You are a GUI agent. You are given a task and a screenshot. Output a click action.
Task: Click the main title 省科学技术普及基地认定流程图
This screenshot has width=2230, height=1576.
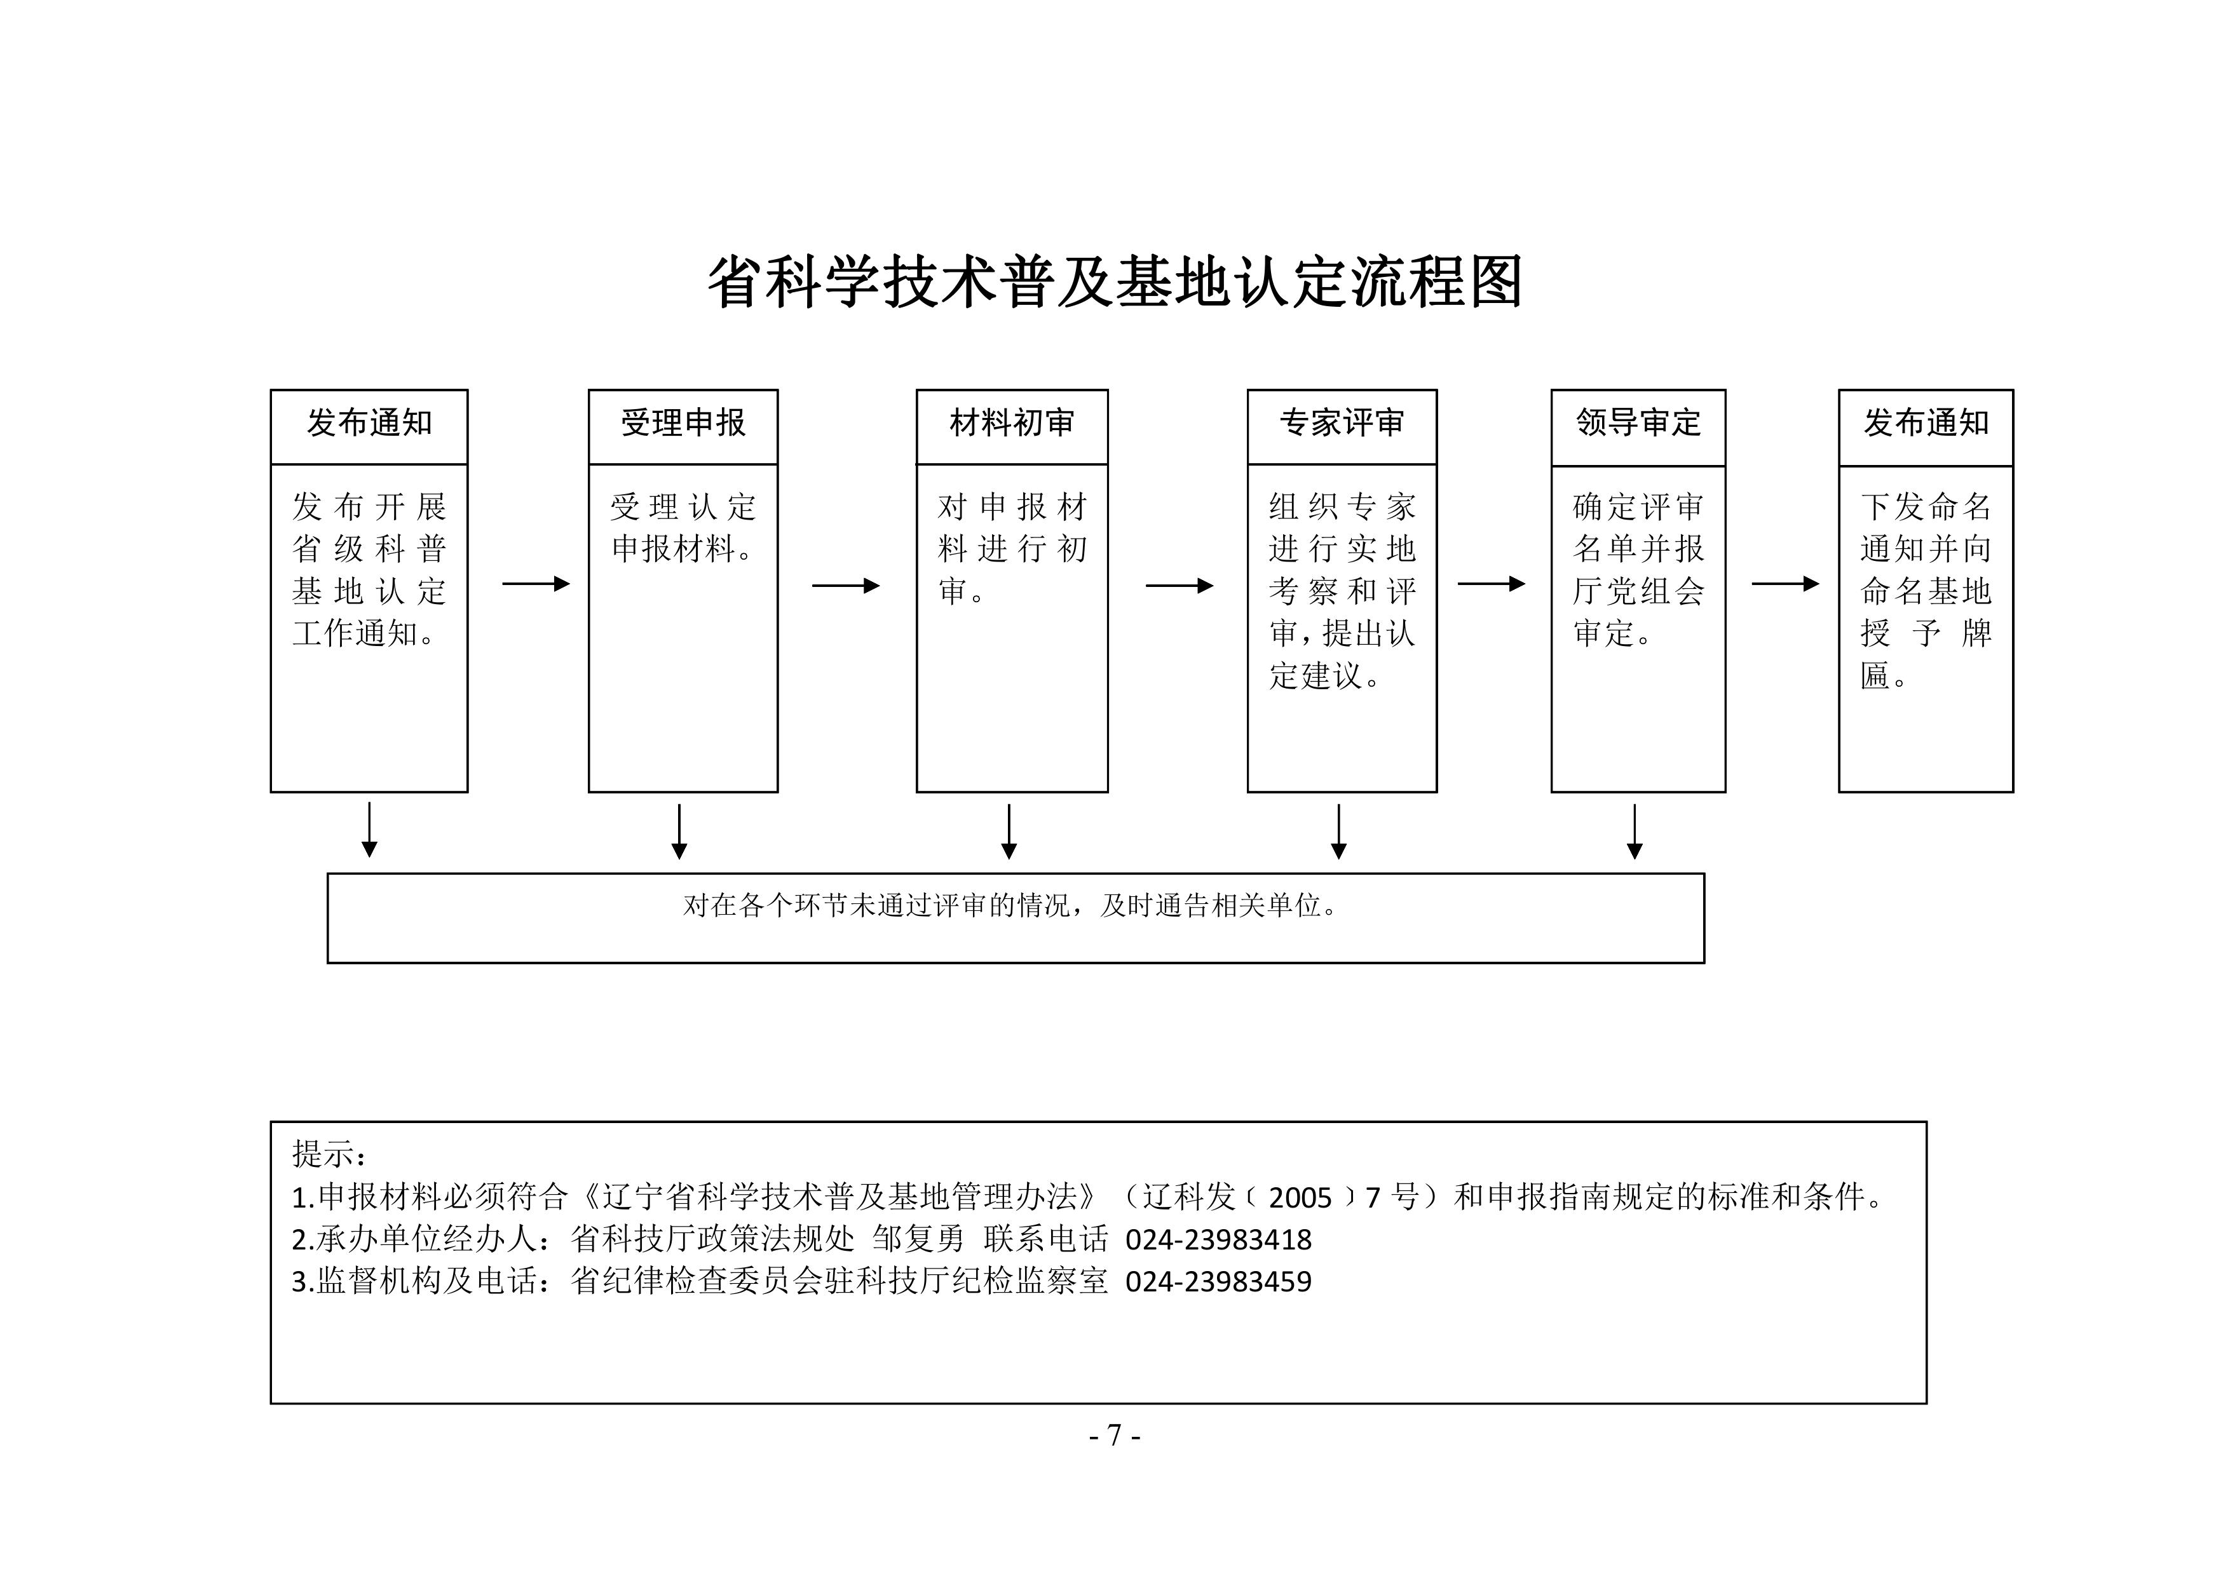(1114, 283)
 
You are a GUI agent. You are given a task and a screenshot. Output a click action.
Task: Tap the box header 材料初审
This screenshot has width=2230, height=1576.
(1012, 422)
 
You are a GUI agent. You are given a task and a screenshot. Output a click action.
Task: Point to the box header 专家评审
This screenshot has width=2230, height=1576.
(1342, 422)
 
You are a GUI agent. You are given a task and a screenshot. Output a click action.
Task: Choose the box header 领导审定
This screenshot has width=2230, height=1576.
(1638, 422)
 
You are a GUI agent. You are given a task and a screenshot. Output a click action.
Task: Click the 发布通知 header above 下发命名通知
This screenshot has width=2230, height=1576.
(1926, 422)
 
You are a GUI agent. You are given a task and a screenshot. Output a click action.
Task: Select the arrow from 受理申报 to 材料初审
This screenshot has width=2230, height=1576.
(846, 586)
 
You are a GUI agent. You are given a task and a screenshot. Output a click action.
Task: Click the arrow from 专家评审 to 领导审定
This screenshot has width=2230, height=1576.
(1492, 584)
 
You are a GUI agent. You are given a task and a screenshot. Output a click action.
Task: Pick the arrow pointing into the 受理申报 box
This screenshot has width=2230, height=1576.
(536, 584)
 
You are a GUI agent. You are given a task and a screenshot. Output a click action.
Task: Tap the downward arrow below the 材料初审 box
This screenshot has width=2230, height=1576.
(1009, 832)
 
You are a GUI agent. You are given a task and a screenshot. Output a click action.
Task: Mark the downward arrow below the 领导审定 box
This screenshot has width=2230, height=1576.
(1635, 832)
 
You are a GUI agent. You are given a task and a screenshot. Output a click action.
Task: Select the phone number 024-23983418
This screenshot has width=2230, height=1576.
(1218, 1240)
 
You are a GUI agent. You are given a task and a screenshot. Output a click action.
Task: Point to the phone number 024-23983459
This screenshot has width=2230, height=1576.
(1218, 1282)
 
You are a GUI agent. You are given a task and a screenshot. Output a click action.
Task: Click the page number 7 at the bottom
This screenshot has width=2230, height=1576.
(1114, 1435)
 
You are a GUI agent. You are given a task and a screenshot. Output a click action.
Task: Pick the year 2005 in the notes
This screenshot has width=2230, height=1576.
(1300, 1198)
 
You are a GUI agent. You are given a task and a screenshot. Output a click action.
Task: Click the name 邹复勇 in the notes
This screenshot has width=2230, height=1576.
(918, 1239)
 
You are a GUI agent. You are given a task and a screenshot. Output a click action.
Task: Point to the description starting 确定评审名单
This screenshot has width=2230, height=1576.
(1638, 570)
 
